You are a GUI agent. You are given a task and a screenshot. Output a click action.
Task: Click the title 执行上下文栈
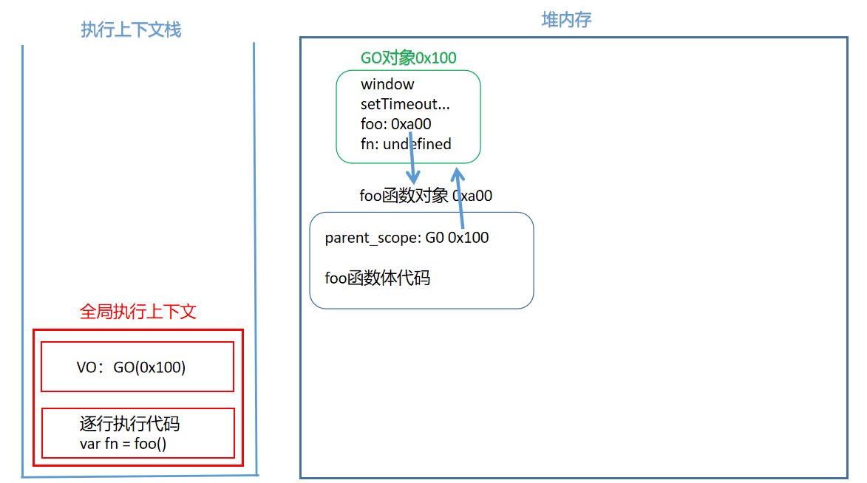[131, 30]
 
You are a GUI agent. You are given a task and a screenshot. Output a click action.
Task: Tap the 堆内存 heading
[566, 20]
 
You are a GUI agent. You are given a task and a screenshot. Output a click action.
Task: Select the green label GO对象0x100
[408, 58]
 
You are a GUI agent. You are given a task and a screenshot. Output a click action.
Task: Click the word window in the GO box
[387, 84]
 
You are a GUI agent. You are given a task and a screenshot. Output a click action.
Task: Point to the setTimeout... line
[405, 104]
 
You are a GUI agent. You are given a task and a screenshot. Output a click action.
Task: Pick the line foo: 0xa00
[395, 124]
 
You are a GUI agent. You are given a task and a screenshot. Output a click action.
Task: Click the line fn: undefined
[406, 144]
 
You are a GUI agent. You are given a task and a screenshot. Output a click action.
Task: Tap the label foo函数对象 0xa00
[426, 196]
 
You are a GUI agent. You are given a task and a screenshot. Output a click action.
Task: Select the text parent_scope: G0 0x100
[407, 238]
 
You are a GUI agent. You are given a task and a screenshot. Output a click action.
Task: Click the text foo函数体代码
[378, 278]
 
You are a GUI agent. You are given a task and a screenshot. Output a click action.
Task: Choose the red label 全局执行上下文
[137, 312]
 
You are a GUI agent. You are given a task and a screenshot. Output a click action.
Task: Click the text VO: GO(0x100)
[131, 367]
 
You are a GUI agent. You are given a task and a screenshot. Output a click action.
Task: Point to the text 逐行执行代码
[129, 424]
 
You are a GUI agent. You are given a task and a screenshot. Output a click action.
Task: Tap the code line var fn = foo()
[123, 444]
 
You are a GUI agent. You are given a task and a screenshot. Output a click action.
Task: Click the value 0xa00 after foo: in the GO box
[411, 124]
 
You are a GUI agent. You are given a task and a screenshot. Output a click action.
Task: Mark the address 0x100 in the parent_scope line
[469, 238]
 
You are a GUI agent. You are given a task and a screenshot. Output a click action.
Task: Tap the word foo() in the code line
[150, 444]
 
